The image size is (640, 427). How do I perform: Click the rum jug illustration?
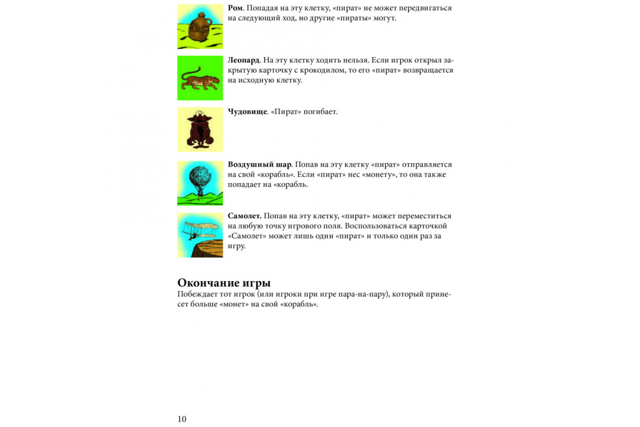(x=200, y=27)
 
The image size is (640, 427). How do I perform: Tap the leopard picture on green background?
(x=200, y=78)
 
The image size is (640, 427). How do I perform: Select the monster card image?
(x=200, y=130)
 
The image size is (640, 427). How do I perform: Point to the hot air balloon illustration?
(x=200, y=183)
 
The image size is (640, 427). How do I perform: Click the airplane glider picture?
(x=200, y=235)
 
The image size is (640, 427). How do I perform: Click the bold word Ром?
(x=235, y=8)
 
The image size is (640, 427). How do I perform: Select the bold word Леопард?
(x=244, y=60)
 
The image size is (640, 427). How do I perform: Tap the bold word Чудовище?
(x=247, y=112)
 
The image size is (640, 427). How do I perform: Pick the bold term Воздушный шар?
(x=260, y=164)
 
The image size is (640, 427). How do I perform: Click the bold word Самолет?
(x=245, y=216)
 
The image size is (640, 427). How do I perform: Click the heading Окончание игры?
(x=224, y=282)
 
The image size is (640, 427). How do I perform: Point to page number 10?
(x=182, y=419)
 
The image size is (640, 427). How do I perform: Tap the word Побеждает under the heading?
(x=197, y=295)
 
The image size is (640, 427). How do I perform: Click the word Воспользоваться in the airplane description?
(x=386, y=226)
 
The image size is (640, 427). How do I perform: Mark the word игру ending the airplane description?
(x=236, y=246)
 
